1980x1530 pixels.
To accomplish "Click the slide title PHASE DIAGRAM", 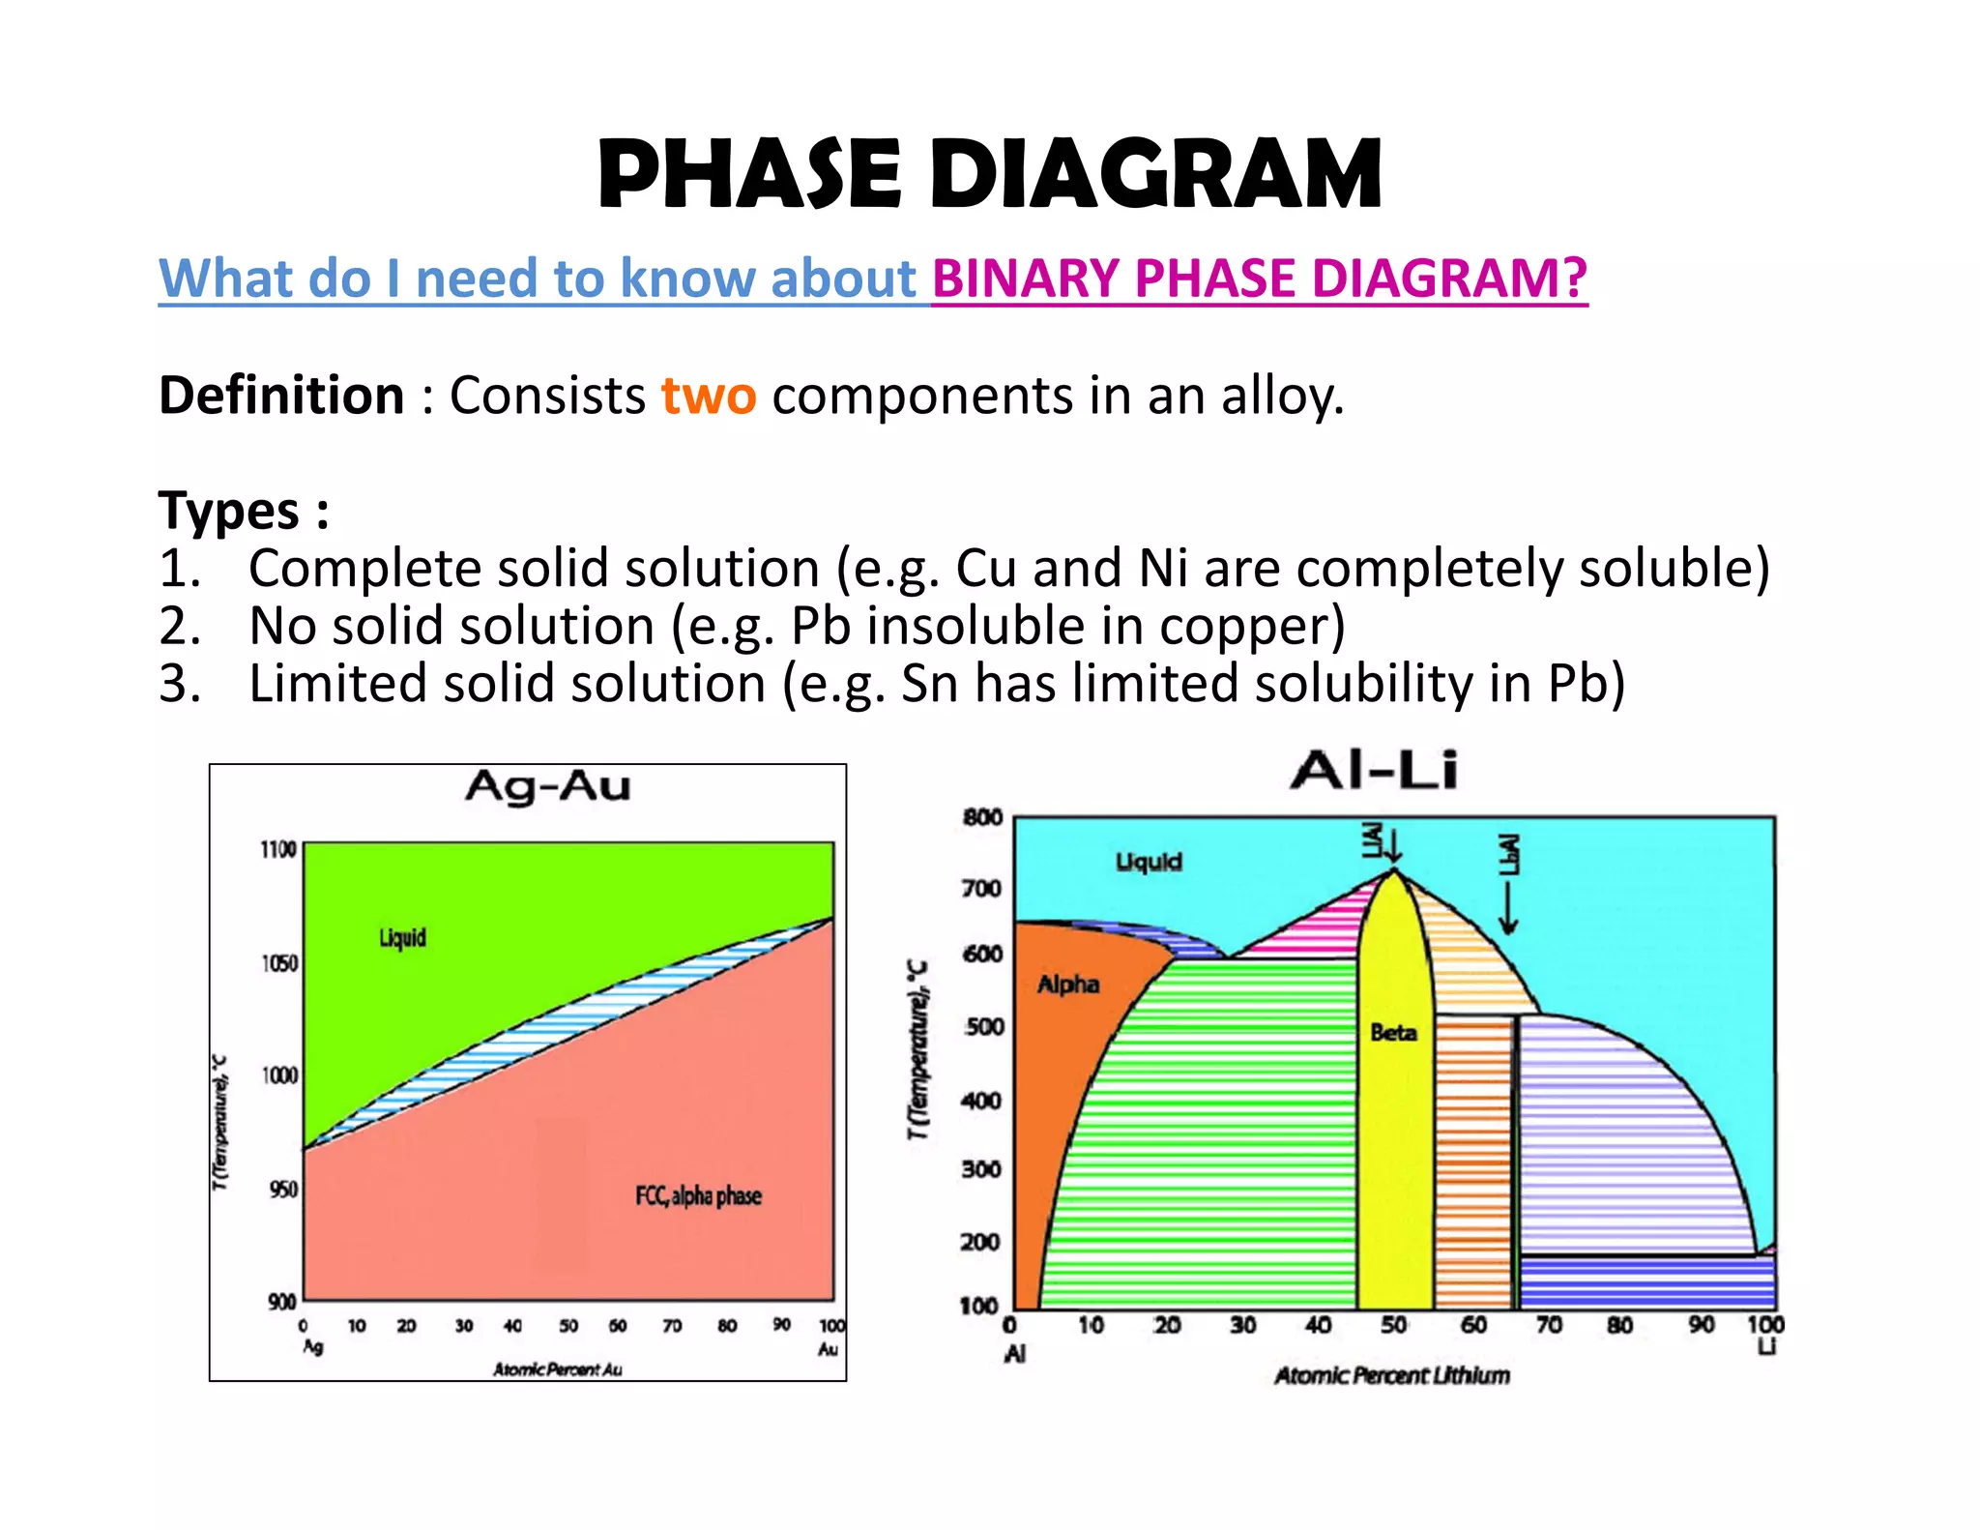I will point(990,174).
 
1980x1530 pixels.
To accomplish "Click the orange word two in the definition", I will point(708,396).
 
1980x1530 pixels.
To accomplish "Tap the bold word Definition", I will point(281,396).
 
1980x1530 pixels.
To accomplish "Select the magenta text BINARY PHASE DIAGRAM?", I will point(1259,279).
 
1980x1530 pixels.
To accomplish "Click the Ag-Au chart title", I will point(547,785).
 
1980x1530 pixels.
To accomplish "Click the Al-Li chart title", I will point(1373,771).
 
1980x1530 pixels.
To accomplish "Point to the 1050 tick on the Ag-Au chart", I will point(278,963).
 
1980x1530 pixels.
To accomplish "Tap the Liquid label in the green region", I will point(402,937).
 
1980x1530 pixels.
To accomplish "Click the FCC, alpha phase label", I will point(698,1196).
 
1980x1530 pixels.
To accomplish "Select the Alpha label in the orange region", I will point(1068,985).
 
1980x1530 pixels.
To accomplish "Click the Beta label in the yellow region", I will point(1393,1033).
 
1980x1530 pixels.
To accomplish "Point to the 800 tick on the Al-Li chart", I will point(982,817).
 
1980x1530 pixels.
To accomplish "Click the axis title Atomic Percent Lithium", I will point(1391,1375).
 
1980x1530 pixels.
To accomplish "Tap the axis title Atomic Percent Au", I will point(557,1369).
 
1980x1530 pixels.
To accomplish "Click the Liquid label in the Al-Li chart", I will point(1149,862).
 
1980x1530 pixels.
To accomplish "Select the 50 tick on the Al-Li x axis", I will point(1393,1325).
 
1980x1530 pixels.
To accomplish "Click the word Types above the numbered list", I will point(229,511).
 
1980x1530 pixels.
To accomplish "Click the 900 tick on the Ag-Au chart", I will point(281,1302).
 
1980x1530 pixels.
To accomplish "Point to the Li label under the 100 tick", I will point(1766,1346).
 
